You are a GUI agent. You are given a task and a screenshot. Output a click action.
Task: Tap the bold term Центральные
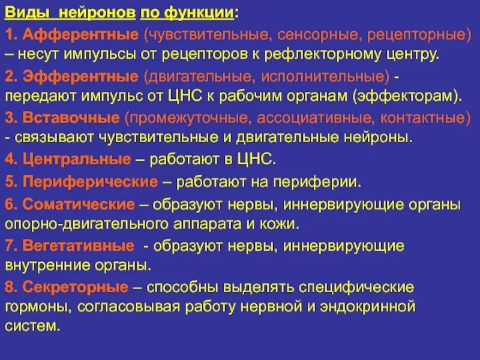pos(76,159)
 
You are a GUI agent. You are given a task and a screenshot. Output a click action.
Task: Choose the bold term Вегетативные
pos(78,245)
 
